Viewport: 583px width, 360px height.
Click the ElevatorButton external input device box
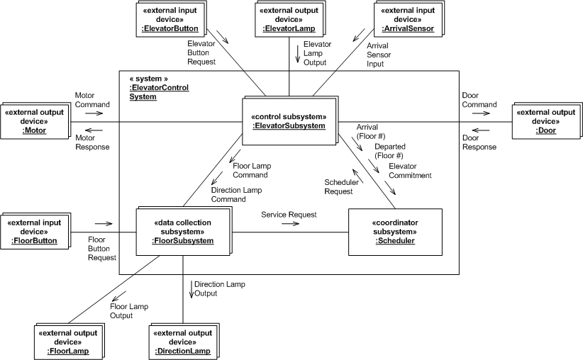(x=172, y=19)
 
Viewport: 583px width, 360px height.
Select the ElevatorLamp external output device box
(x=289, y=19)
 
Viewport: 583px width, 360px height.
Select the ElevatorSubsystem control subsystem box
(x=289, y=120)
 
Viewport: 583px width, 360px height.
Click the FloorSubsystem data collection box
(x=182, y=231)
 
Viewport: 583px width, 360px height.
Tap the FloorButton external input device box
(x=33, y=231)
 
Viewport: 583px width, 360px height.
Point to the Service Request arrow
(x=289, y=223)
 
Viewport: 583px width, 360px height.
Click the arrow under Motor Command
(x=94, y=112)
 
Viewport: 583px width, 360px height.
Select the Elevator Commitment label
(x=410, y=171)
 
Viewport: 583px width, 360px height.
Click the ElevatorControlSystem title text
(x=152, y=91)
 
